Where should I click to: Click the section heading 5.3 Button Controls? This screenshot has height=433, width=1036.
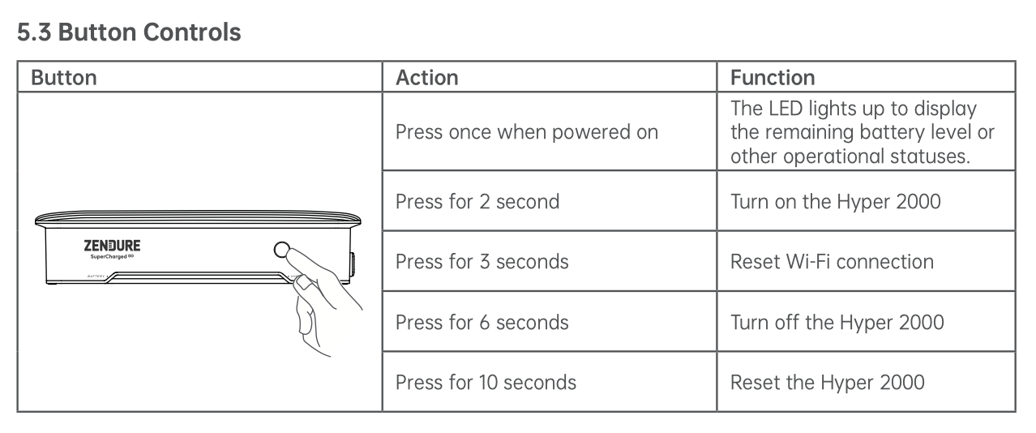click(129, 32)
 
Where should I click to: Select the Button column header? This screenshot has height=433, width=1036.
click(64, 77)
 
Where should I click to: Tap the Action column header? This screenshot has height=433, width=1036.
click(427, 77)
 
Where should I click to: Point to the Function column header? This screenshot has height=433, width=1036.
click(773, 77)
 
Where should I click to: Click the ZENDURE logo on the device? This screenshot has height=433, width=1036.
click(112, 246)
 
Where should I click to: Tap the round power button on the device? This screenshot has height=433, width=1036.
click(281, 250)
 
